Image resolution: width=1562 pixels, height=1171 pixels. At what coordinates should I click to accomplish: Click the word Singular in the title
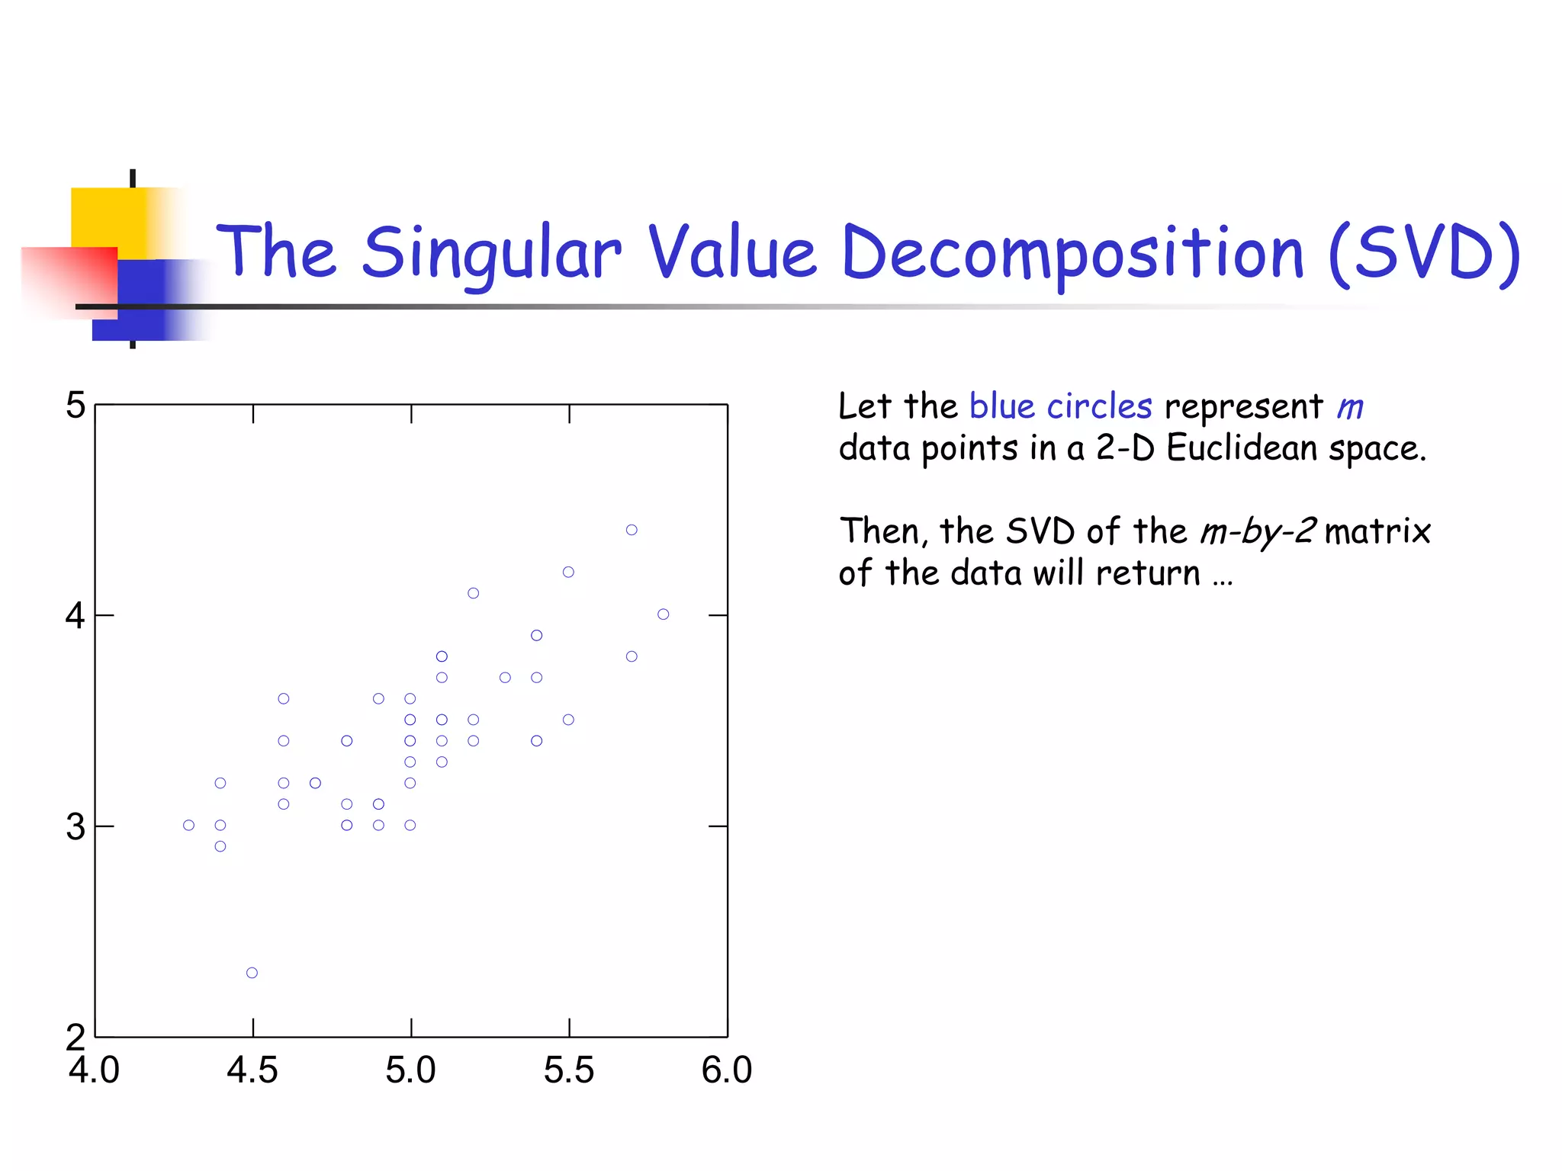pos(491,253)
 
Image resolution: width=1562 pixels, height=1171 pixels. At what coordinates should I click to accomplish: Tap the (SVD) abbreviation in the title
pos(1424,253)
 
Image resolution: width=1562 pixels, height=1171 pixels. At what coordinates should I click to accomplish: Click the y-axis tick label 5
pos(76,405)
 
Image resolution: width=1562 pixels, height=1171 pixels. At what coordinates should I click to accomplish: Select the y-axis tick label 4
pos(76,615)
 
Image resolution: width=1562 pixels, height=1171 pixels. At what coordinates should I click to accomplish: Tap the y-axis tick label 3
pos(76,826)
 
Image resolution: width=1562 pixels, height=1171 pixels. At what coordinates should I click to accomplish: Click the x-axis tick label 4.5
pos(252,1070)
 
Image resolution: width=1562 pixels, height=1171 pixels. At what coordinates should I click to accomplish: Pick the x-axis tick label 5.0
pos(410,1070)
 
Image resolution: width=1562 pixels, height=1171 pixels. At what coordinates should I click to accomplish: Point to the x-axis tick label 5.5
pos(569,1070)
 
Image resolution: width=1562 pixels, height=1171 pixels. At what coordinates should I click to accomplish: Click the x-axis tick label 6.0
pos(727,1070)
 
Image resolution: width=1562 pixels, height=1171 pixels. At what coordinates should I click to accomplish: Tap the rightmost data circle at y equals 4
pos(664,614)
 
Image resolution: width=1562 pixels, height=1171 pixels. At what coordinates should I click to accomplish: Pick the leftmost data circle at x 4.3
pos(189,826)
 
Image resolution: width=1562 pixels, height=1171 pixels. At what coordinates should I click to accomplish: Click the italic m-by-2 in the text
pos(1258,531)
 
